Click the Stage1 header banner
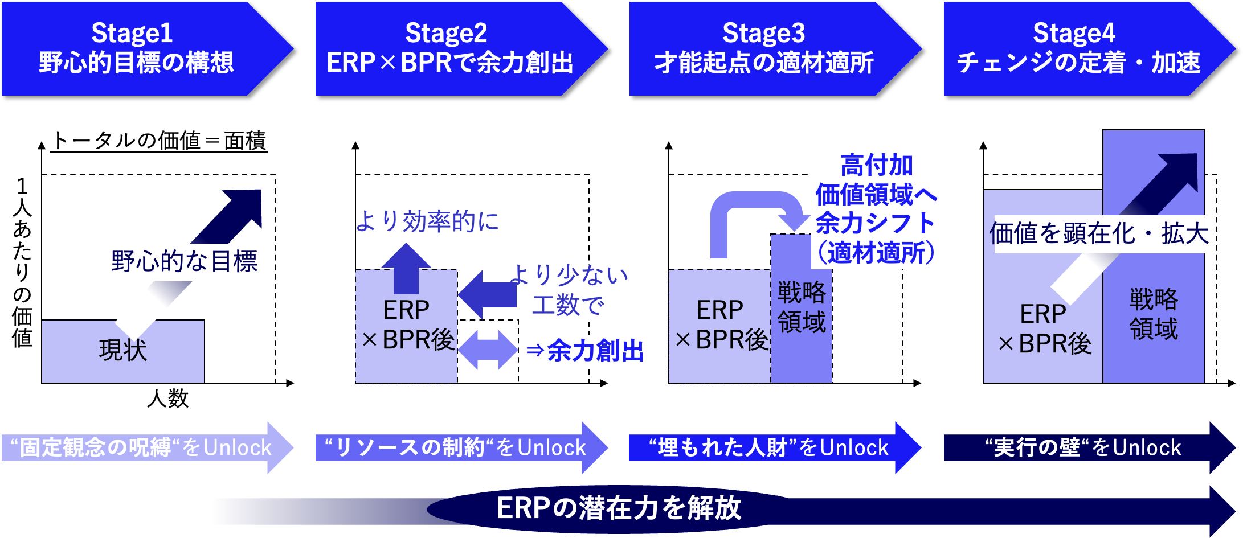pyautogui.click(x=147, y=48)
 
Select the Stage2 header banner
pyautogui.click(x=461, y=48)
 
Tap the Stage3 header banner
pyautogui.click(x=775, y=48)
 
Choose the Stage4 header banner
pyautogui.click(x=1089, y=48)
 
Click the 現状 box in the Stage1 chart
pyautogui.click(x=123, y=351)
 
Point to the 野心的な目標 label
pyautogui.click(x=185, y=261)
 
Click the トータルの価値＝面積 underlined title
pyautogui.click(x=159, y=141)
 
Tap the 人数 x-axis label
pyautogui.click(x=167, y=398)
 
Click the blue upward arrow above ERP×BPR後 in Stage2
pyautogui.click(x=406, y=268)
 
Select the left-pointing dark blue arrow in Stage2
pyautogui.click(x=488, y=294)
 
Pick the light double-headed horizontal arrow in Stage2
pyautogui.click(x=488, y=350)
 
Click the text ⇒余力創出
pyautogui.click(x=585, y=351)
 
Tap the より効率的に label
pyautogui.click(x=427, y=221)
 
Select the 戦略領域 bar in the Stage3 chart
pyautogui.click(x=802, y=308)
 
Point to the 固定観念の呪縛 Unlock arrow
pyautogui.click(x=147, y=447)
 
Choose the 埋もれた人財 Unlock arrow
pyautogui.click(x=775, y=447)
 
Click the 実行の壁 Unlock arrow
pyautogui.click(x=1089, y=447)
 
